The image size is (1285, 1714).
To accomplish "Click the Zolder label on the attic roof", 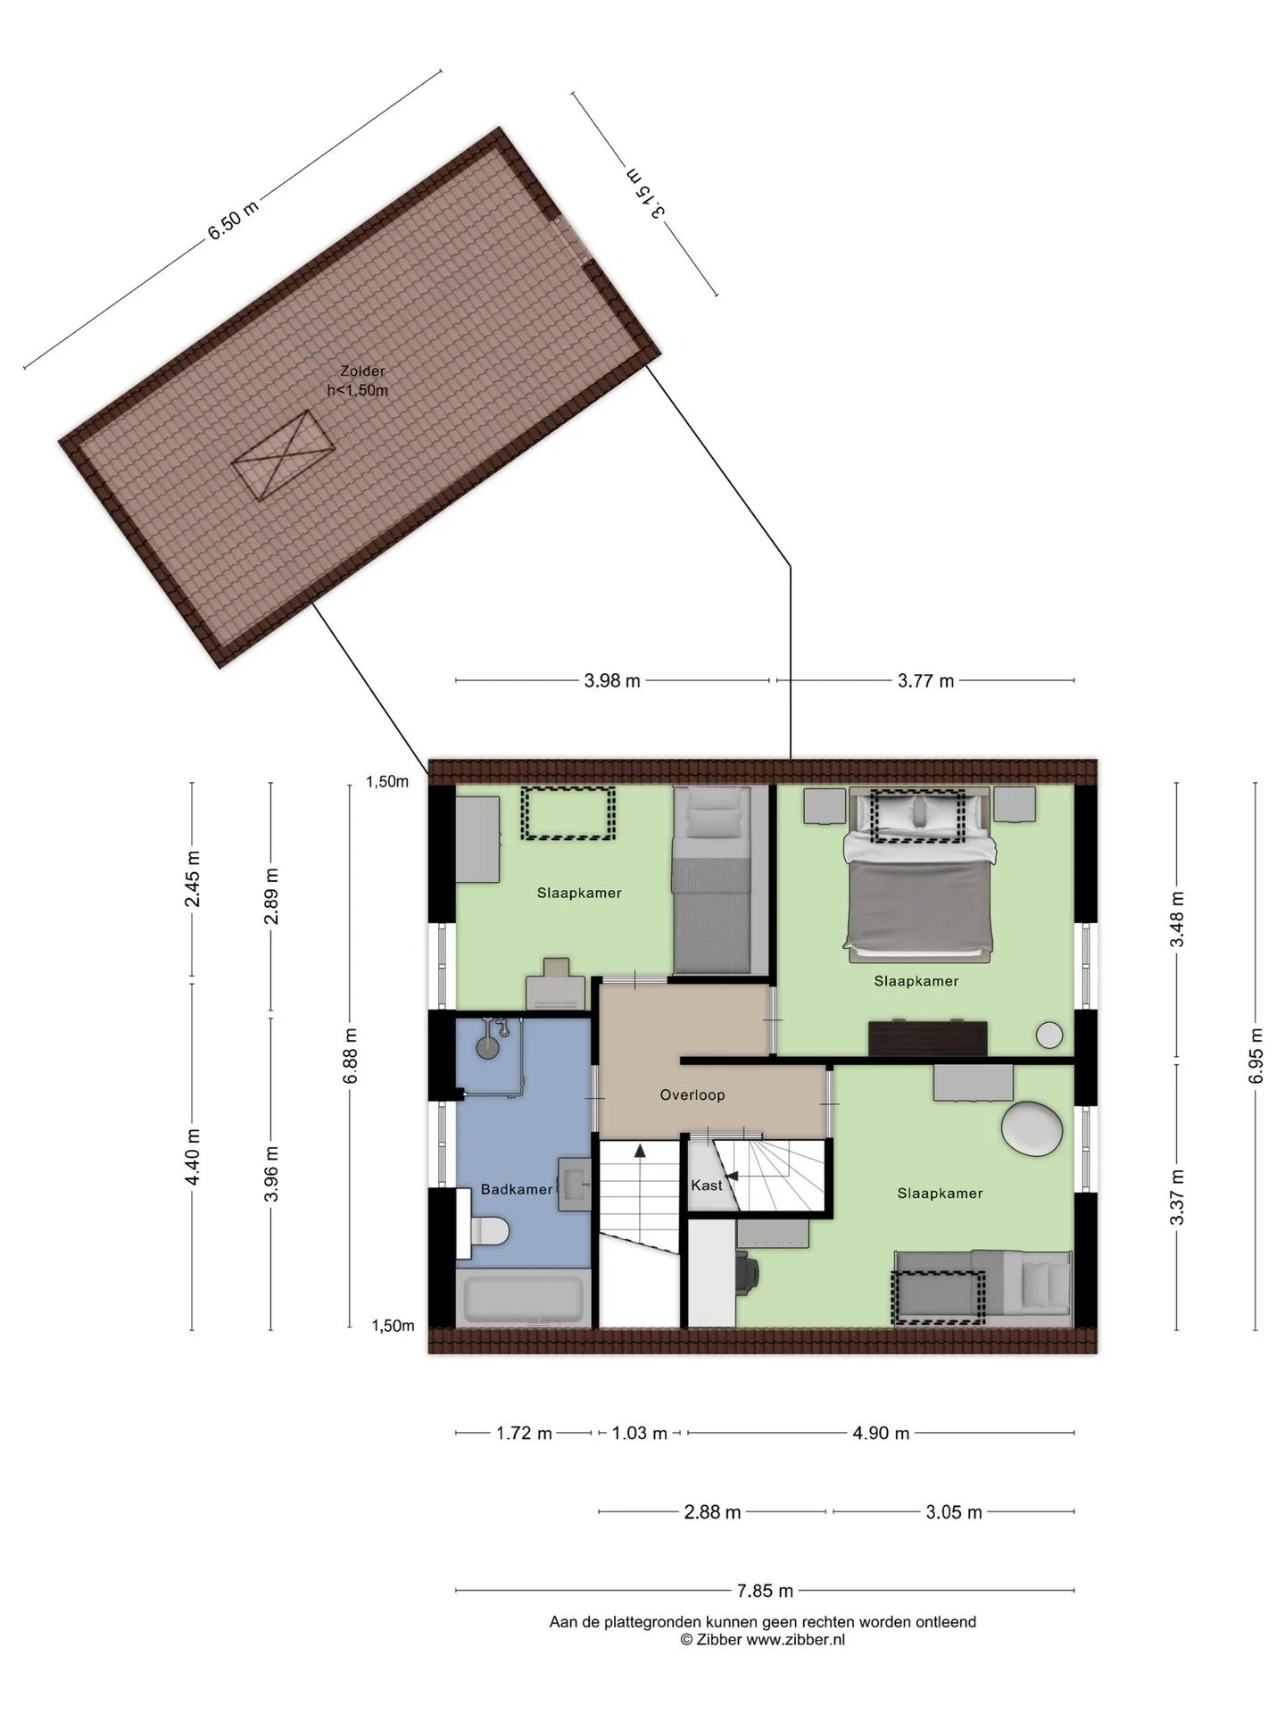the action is point(362,371).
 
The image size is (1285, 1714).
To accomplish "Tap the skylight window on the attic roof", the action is point(284,455).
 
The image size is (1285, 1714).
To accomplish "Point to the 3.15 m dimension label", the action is point(646,194).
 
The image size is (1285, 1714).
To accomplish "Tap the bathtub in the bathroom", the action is point(524,1298).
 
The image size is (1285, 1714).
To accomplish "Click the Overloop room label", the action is point(692,1094).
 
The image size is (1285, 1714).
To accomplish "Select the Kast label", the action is point(707,1186).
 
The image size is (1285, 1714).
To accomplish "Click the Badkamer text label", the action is point(517,1189).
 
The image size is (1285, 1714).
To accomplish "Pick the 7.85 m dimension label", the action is point(765,1590).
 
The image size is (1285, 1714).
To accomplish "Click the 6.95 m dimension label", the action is point(1256,1056).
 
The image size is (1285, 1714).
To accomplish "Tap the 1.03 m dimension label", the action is point(639,1433).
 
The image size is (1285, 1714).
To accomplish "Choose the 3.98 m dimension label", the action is point(612,680).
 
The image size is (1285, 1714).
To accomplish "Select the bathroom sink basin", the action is point(575,1185).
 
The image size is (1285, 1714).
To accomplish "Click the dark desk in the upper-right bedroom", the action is point(928,1039).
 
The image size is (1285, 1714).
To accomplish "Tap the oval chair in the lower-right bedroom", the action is point(1032,1129).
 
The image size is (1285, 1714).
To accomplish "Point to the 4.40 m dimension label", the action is point(192,1157).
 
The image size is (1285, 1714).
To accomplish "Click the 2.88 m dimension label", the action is point(712,1511).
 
